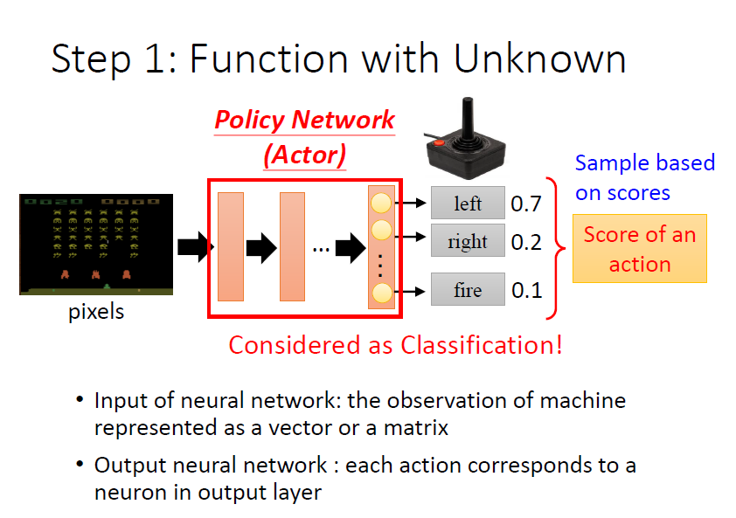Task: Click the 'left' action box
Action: point(468,204)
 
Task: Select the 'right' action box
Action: point(468,241)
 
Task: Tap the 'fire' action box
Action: point(468,289)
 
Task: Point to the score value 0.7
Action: point(526,204)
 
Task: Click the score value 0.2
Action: point(526,242)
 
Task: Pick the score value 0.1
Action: point(526,290)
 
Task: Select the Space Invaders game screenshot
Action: point(96,245)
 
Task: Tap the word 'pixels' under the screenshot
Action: point(96,311)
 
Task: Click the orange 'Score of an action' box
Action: point(639,249)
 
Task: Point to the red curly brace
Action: point(557,247)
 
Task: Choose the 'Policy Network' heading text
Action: point(304,120)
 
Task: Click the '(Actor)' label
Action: point(304,155)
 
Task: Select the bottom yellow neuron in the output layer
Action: point(381,293)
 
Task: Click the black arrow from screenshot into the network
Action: point(195,247)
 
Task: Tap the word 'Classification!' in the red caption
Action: point(482,345)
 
